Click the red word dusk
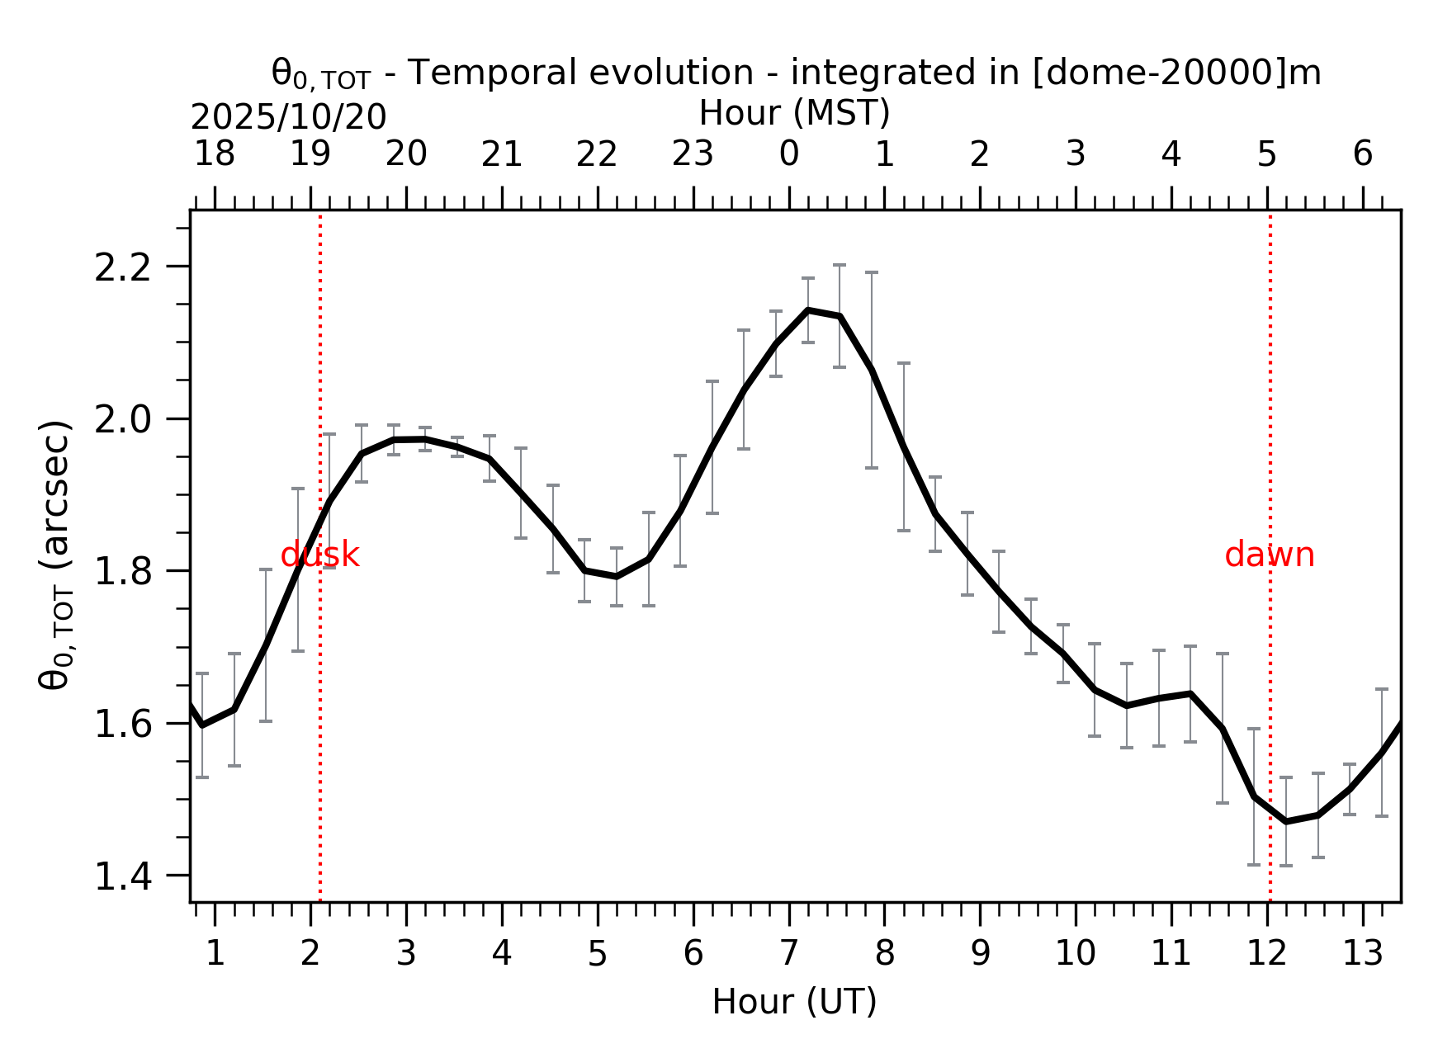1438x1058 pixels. point(319,555)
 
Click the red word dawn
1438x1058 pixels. point(1269,555)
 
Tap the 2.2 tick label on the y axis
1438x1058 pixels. point(123,267)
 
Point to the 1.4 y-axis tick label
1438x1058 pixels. point(123,876)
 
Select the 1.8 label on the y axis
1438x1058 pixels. point(123,572)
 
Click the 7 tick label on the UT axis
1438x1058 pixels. point(788,954)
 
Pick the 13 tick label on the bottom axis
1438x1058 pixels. point(1362,954)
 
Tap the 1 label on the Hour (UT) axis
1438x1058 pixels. point(215,954)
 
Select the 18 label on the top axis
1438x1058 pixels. point(215,154)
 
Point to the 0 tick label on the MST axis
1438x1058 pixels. point(788,154)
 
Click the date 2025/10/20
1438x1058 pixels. point(288,118)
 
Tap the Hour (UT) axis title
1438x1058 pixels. point(794,1002)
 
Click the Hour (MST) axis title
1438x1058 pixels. point(794,113)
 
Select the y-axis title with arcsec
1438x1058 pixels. point(56,555)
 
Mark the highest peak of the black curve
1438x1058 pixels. point(808,310)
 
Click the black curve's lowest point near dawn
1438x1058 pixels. point(1285,822)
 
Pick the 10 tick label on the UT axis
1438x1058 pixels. point(1075,954)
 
